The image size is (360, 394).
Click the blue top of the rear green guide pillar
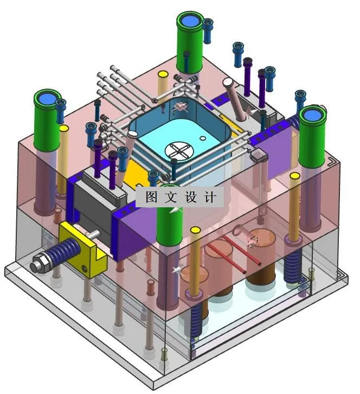[x=190, y=21]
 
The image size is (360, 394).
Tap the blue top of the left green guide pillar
[x=46, y=99]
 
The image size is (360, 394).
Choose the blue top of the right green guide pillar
[x=313, y=115]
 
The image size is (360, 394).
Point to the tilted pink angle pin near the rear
[x=236, y=98]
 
